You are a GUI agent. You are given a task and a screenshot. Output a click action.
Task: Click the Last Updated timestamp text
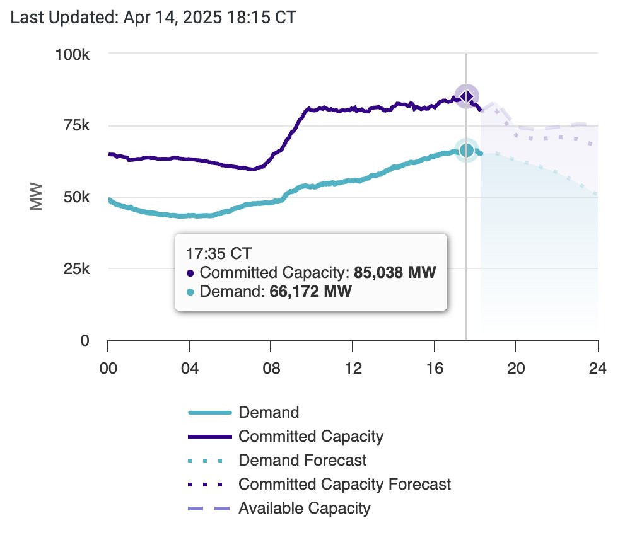coord(154,18)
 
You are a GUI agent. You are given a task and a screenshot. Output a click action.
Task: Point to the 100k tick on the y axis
coord(74,54)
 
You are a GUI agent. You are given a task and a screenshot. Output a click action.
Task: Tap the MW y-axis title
coord(36,197)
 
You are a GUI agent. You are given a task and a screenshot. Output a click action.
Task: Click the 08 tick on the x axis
coord(271,367)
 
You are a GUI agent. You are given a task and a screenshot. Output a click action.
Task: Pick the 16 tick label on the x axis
coord(434,367)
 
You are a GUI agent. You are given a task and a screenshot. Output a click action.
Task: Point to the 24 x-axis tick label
coord(597,367)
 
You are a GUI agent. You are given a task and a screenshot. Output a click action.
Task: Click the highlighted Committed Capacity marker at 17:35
coord(466,96)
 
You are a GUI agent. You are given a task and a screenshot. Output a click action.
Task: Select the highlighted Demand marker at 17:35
coord(466,150)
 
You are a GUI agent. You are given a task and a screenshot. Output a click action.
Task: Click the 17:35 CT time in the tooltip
coord(218,254)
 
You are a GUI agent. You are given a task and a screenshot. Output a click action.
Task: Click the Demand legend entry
coord(268,413)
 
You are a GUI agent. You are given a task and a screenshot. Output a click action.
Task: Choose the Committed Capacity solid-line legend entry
coord(310,436)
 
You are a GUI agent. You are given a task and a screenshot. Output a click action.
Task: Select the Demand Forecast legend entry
coord(302,460)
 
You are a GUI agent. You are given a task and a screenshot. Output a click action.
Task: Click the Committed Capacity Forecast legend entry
coord(344,484)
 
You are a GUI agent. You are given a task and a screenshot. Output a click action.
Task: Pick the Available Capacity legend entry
coord(304,508)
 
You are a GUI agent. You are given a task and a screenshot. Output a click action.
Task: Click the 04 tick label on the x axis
coord(189,367)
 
